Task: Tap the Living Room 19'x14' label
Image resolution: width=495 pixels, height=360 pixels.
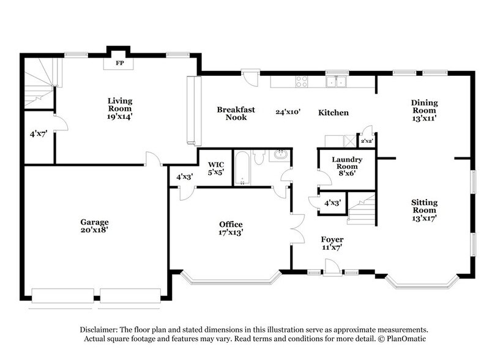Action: click(x=120, y=108)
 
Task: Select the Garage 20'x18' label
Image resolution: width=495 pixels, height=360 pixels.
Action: click(x=94, y=227)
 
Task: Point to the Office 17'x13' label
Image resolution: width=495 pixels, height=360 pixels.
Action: click(x=231, y=228)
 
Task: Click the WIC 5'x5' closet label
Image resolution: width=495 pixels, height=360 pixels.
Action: click(x=216, y=168)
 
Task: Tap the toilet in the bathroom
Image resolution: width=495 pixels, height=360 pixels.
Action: click(x=258, y=158)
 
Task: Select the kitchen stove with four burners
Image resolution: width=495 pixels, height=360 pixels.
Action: click(x=302, y=81)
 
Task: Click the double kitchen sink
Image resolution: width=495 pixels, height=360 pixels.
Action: click(x=337, y=81)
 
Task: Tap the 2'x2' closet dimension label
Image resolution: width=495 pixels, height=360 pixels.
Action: click(x=367, y=141)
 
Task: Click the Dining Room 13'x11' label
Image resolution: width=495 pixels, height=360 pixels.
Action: click(x=424, y=107)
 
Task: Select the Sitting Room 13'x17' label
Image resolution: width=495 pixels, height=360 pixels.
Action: click(x=424, y=209)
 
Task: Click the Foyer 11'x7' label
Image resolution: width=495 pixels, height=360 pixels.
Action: click(x=332, y=243)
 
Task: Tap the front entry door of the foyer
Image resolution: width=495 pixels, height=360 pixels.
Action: click(x=332, y=268)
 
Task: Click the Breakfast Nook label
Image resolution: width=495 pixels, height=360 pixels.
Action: click(x=236, y=113)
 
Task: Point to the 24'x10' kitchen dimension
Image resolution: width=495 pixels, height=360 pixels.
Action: click(x=288, y=112)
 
